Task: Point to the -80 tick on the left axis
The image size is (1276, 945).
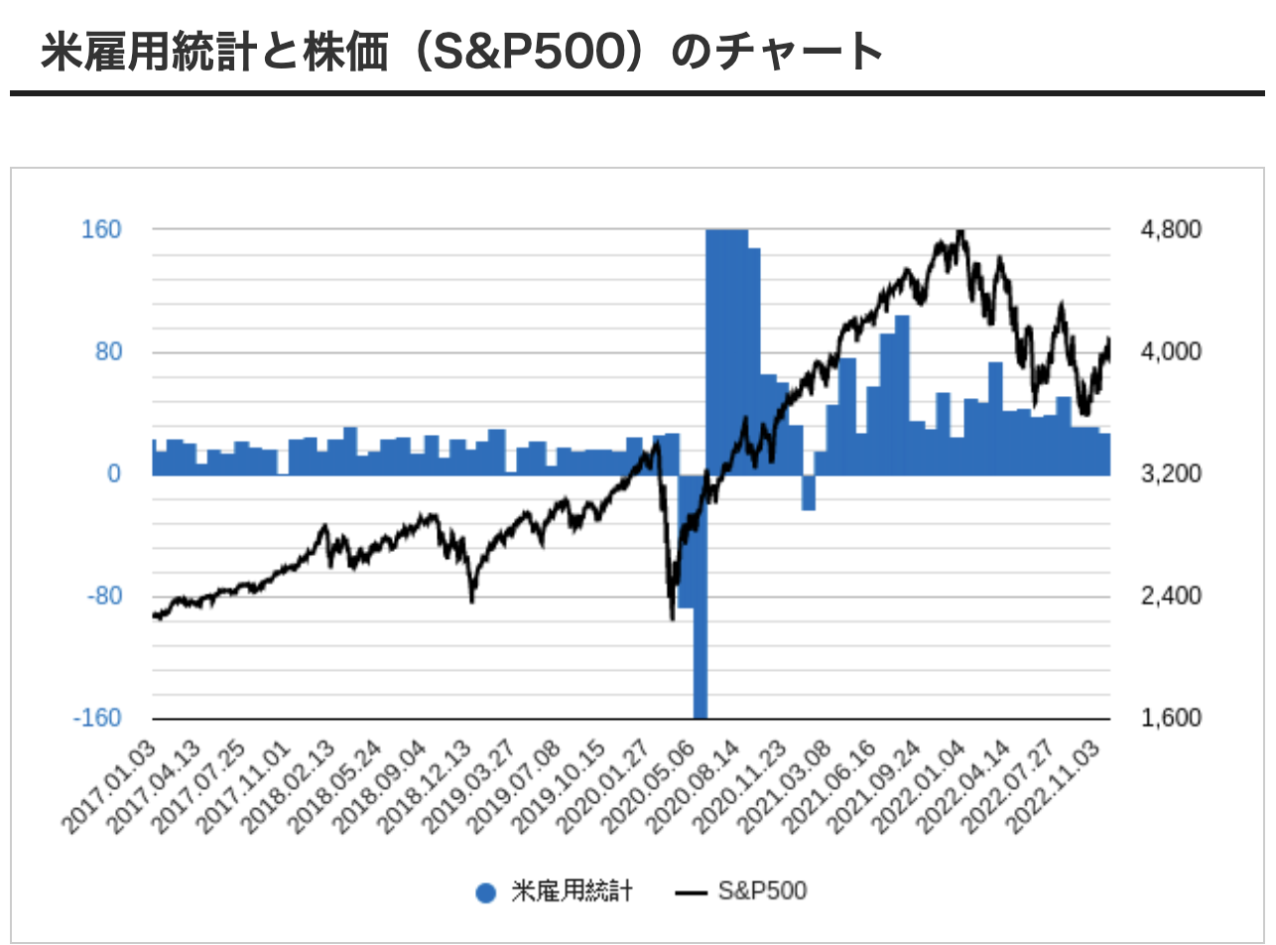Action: (x=104, y=597)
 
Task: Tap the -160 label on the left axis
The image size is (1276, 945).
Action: (x=98, y=718)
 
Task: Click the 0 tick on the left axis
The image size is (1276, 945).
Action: (x=115, y=474)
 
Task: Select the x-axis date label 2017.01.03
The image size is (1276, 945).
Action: (x=110, y=784)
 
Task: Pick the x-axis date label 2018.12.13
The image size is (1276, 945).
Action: (x=429, y=784)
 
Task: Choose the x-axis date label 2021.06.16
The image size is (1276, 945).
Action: (x=834, y=784)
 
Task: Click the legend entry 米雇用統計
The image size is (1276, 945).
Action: (x=556, y=891)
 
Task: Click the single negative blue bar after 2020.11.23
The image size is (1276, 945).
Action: (x=809, y=493)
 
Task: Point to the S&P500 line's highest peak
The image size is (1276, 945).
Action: (x=959, y=232)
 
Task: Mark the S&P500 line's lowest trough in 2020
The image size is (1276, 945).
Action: (x=673, y=617)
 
